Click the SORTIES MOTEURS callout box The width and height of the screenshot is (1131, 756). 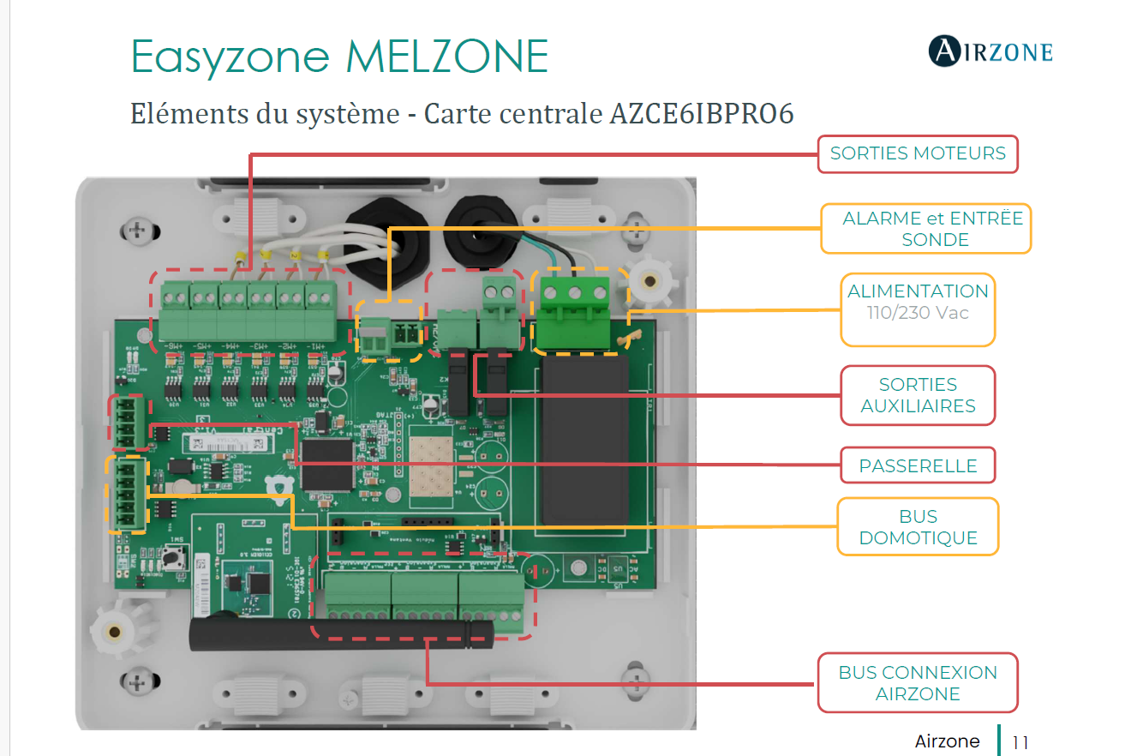pyautogui.click(x=918, y=154)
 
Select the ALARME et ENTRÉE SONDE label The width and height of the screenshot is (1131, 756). pyautogui.click(x=925, y=229)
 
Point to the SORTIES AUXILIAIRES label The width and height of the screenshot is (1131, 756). pyautogui.click(x=918, y=395)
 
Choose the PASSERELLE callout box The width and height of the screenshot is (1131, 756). pyautogui.click(x=918, y=466)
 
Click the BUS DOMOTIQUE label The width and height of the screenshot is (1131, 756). pyautogui.click(x=918, y=527)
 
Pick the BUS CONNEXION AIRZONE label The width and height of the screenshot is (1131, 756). pyautogui.click(x=918, y=683)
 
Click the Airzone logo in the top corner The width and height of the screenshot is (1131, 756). pyautogui.click(x=990, y=51)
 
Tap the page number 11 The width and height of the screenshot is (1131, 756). pyautogui.click(x=1020, y=742)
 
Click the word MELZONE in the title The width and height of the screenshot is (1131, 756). pyautogui.click(x=446, y=57)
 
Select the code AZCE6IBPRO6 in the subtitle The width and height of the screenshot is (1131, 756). pyautogui.click(x=702, y=113)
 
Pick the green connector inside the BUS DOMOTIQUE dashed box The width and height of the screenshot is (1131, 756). pyautogui.click(x=127, y=495)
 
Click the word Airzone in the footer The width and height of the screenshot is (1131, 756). pyautogui.click(x=947, y=741)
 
